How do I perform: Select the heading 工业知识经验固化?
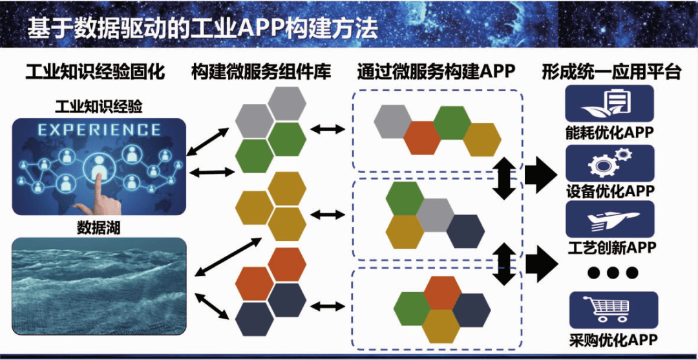click(x=95, y=72)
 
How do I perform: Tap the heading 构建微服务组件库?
click(x=261, y=72)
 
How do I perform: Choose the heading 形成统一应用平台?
click(x=611, y=72)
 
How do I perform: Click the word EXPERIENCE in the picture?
click(x=99, y=129)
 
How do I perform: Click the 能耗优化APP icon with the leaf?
click(x=609, y=103)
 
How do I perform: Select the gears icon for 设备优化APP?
click(x=609, y=162)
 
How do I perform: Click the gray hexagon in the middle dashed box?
click(x=435, y=215)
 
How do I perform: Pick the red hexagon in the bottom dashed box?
click(x=442, y=292)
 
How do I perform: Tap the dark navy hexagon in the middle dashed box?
click(x=465, y=231)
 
